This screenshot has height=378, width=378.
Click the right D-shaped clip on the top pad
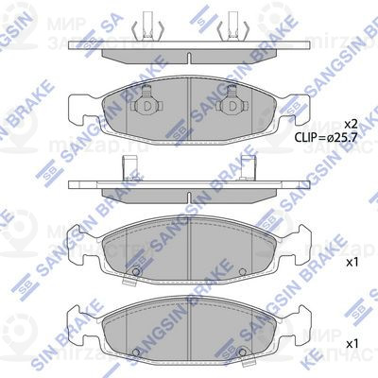(230, 107)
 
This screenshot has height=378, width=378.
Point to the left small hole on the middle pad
(136, 275)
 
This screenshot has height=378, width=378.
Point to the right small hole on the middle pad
(244, 275)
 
